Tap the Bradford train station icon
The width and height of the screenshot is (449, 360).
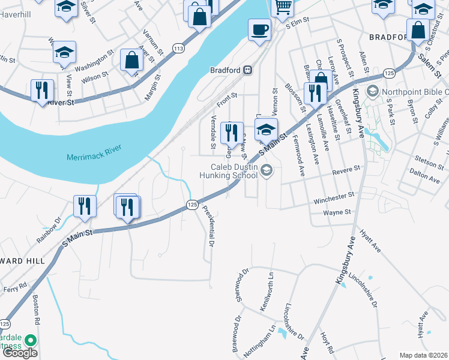[247, 70]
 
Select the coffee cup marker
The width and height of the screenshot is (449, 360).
[260, 30]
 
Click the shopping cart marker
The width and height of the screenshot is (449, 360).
[282, 8]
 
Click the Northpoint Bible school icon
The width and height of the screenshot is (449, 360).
[372, 92]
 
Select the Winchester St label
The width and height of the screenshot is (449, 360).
[331, 197]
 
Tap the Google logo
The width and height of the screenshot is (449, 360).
[20, 353]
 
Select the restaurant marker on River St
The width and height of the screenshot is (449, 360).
[42, 91]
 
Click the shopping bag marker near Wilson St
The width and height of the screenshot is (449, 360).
[131, 60]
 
